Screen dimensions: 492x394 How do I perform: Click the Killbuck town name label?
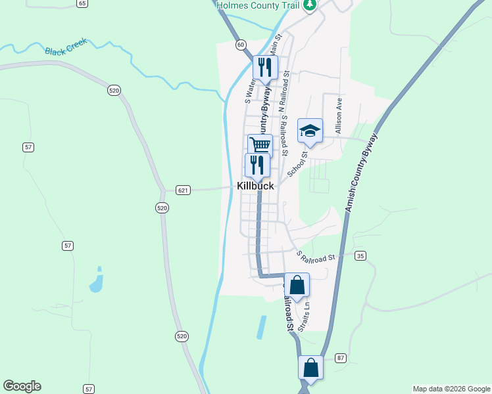coord(255,186)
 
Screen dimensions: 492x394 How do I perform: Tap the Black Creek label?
coord(66,51)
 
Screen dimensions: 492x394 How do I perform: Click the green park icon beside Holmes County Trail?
coord(309,5)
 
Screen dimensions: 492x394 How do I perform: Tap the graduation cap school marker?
coord(310,131)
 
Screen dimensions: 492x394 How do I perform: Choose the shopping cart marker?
coord(260,146)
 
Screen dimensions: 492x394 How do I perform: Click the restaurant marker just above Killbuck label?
coord(257,165)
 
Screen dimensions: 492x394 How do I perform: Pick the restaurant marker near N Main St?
coord(265,67)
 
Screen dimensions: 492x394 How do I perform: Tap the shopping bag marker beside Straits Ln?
coord(297,286)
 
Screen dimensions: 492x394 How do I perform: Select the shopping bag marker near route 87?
coord(310,368)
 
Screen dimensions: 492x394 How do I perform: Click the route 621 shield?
coord(184,190)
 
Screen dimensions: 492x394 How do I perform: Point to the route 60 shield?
coord(241,45)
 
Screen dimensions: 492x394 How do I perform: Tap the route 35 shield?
coord(360,255)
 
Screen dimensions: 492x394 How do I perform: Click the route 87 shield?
coord(340,357)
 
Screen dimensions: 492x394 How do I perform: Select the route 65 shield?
coord(82,3)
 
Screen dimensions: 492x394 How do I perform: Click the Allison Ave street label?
coord(339,116)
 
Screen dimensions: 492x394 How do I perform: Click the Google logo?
coord(22,386)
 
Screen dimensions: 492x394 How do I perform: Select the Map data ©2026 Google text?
coord(451,389)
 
